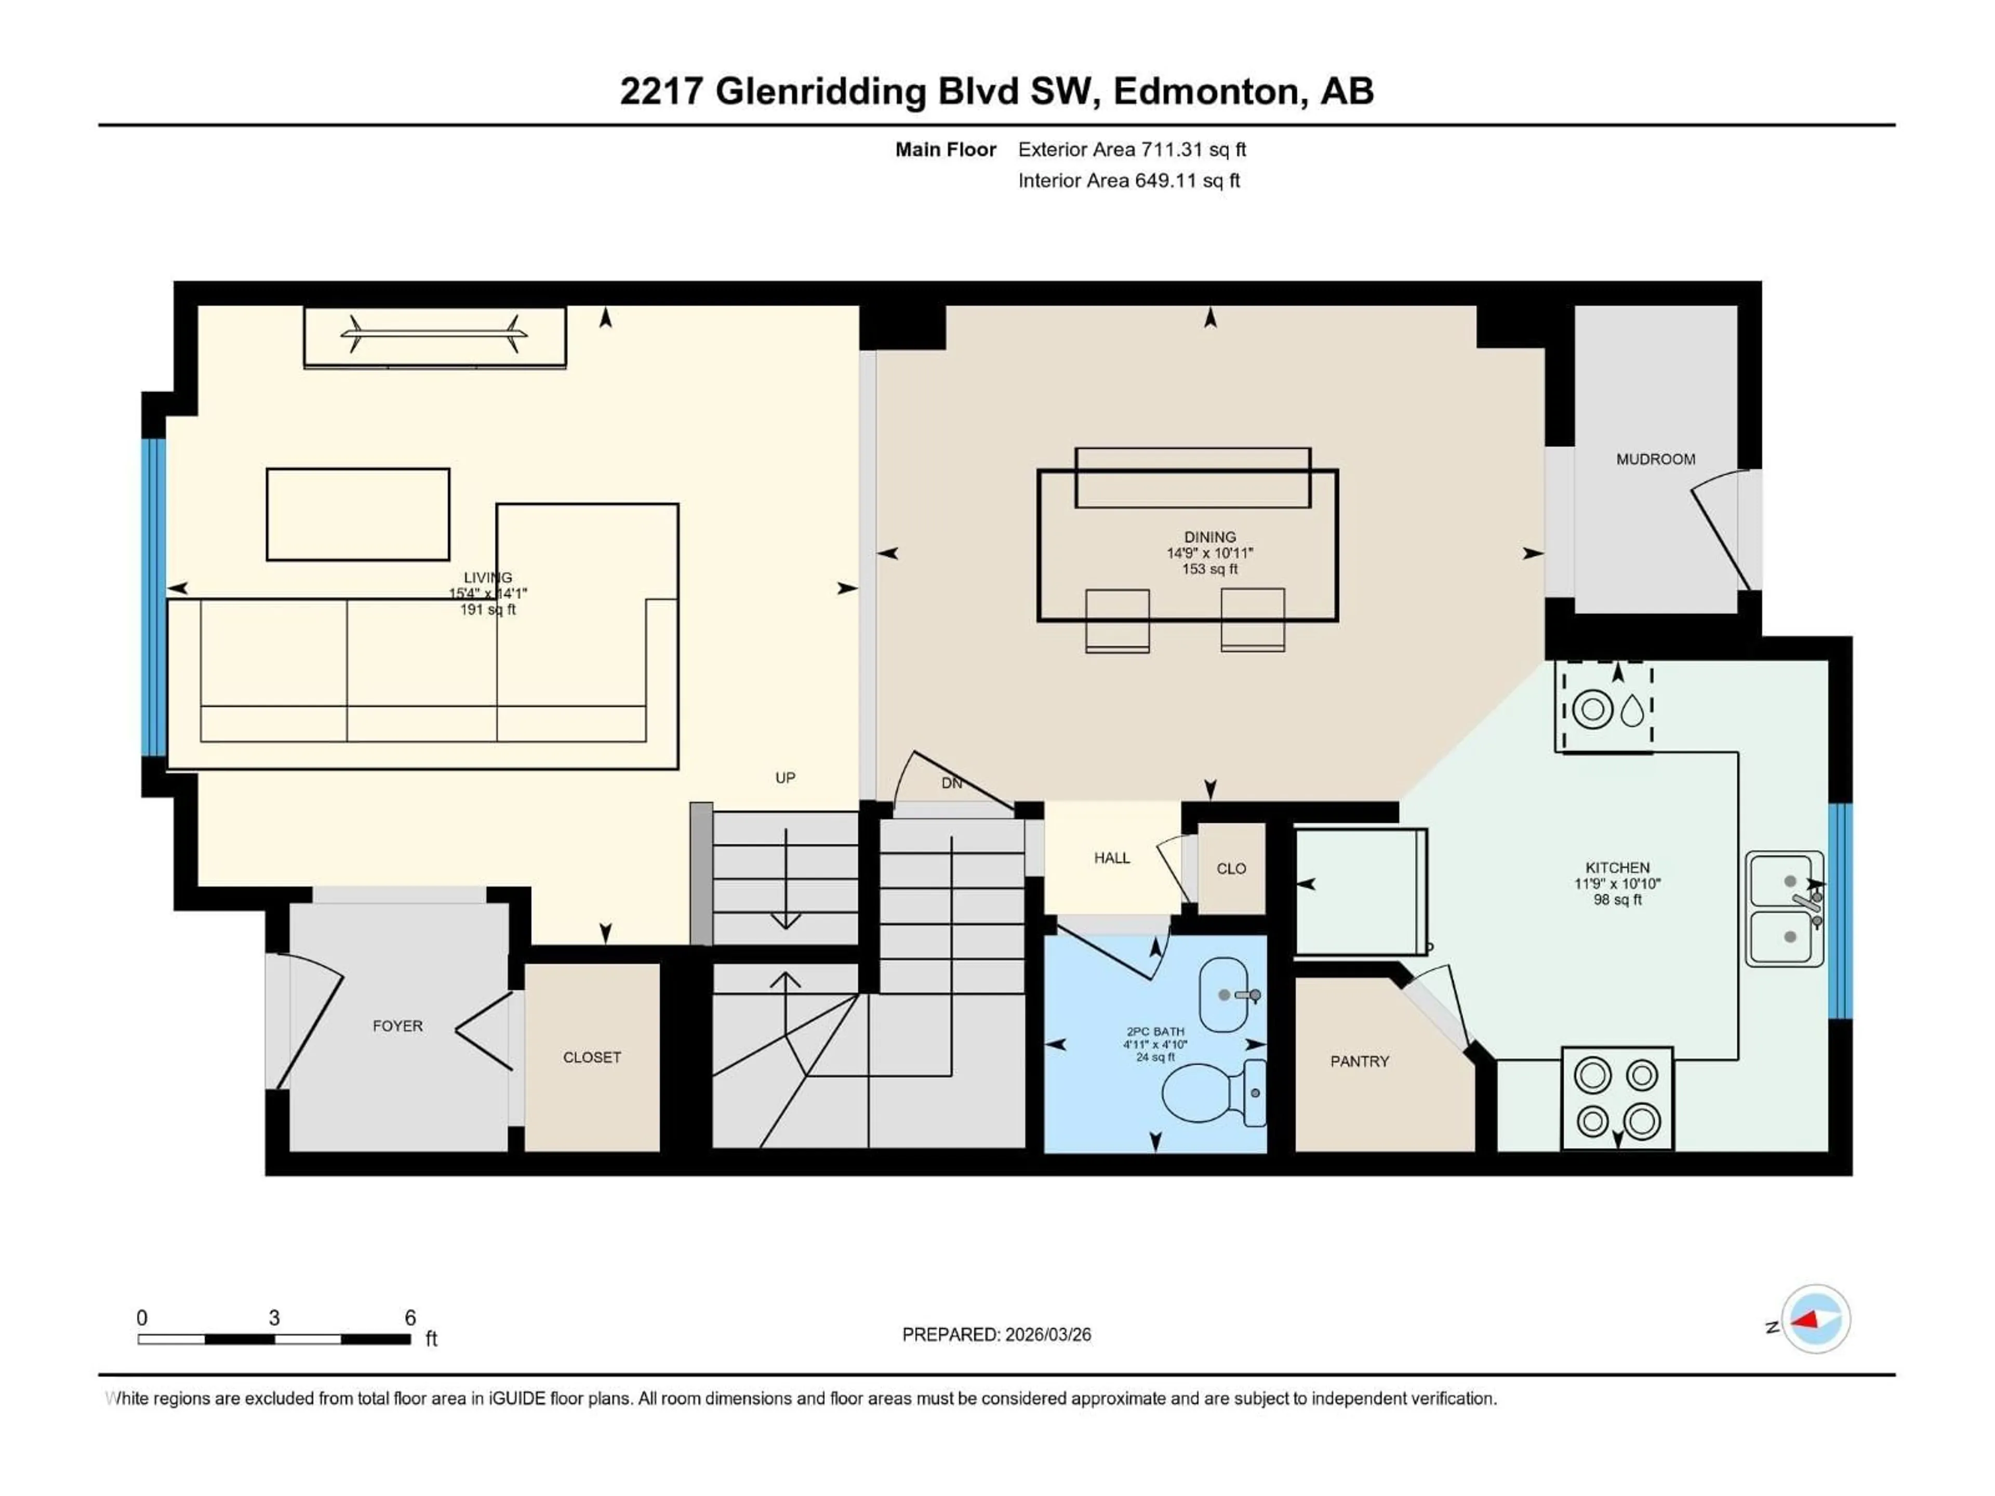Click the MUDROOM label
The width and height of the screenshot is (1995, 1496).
tap(1655, 459)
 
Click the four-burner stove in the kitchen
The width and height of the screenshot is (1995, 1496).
tap(1617, 1098)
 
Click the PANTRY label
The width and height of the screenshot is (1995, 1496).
tap(1359, 1061)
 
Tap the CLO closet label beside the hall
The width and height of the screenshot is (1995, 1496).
tap(1231, 869)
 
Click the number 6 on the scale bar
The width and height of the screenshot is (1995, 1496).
tap(410, 1317)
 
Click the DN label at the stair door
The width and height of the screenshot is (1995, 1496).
tap(951, 783)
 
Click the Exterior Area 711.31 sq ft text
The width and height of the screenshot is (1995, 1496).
tap(1132, 150)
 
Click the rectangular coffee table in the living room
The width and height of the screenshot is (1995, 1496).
tap(358, 514)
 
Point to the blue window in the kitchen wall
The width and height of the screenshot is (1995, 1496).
tap(1840, 911)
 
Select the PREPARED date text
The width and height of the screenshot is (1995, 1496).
tap(996, 1334)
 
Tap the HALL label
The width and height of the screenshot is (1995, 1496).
tap(1111, 858)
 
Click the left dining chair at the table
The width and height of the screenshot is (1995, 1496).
tap(1118, 620)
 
